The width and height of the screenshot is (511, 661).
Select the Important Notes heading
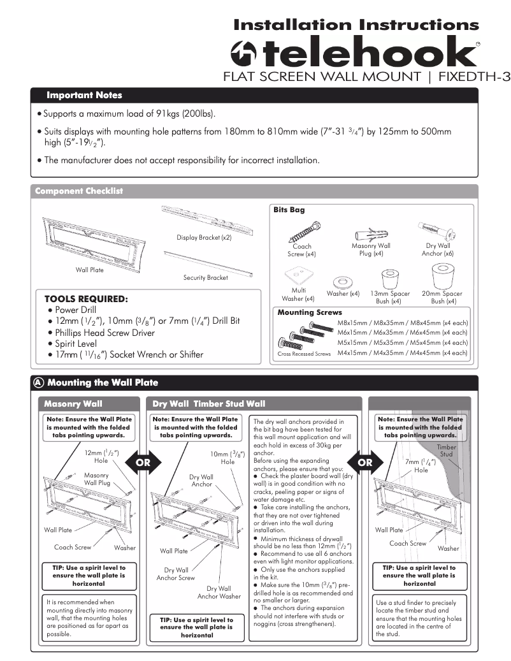point(84,96)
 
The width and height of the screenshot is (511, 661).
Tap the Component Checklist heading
point(79,191)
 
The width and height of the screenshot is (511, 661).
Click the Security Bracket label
point(205,277)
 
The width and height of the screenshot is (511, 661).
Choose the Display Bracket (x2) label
point(203,238)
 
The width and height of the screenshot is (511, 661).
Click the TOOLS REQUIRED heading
point(86,298)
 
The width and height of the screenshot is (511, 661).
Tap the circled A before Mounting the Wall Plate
point(39,382)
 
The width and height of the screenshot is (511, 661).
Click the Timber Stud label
point(447,451)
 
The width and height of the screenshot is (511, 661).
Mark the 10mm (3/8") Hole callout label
point(224,458)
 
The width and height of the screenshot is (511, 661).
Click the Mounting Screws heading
point(310,312)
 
